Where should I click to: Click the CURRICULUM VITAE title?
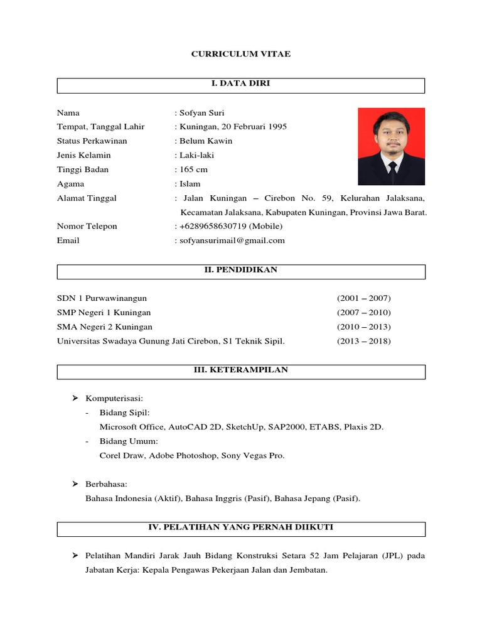pyautogui.click(x=241, y=55)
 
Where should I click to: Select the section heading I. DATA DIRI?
pyautogui.click(x=241, y=84)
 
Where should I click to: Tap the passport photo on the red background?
pyautogui.click(x=391, y=146)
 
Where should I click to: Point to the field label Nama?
pyautogui.click(x=68, y=112)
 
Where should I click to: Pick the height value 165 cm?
pyautogui.click(x=193, y=170)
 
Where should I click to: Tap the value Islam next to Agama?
pyautogui.click(x=190, y=184)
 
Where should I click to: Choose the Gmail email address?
pyautogui.click(x=232, y=240)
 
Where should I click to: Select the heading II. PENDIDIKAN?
pyautogui.click(x=241, y=270)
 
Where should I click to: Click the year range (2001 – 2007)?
pyautogui.click(x=363, y=298)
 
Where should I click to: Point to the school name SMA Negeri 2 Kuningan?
pyautogui.click(x=105, y=327)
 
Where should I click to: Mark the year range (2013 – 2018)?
pyautogui.click(x=363, y=342)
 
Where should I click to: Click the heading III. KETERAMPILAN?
pyautogui.click(x=241, y=370)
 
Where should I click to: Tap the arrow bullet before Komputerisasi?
pyautogui.click(x=74, y=398)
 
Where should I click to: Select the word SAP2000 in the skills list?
pyautogui.click(x=286, y=427)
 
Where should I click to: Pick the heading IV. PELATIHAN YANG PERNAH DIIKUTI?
pyautogui.click(x=241, y=528)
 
